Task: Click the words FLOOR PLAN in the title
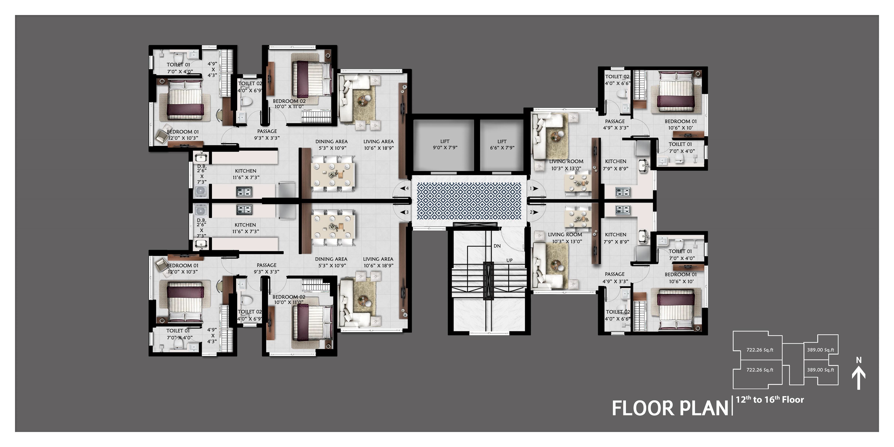click(670, 408)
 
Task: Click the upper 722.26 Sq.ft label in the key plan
click(760, 350)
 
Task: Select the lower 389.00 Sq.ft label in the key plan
click(820, 370)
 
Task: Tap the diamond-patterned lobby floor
click(469, 201)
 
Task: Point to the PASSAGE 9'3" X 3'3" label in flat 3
click(267, 268)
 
